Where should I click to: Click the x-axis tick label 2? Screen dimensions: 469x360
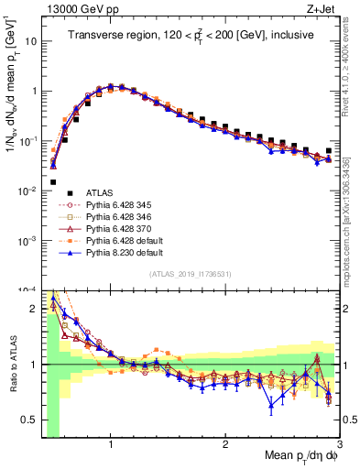(225, 445)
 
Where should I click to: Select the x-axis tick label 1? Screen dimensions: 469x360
(111, 445)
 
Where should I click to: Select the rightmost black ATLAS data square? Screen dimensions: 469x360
(329, 150)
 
